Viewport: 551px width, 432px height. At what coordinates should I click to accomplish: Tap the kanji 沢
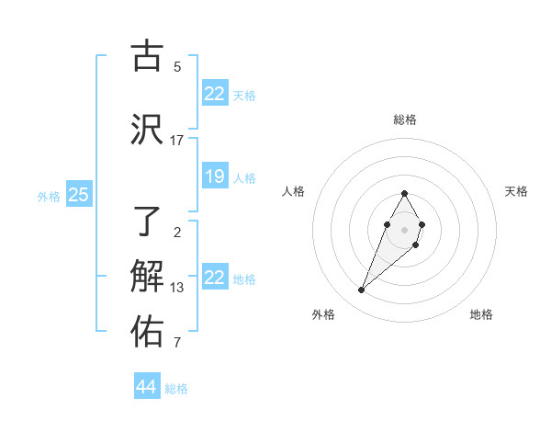click(x=147, y=130)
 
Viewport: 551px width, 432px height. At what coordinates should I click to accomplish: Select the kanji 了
click(x=147, y=222)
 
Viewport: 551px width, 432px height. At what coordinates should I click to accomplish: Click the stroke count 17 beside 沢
click(x=177, y=141)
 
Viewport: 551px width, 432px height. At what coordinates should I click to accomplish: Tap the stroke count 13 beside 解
click(x=177, y=288)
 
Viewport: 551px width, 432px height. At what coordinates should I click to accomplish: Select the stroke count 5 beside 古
click(x=177, y=66)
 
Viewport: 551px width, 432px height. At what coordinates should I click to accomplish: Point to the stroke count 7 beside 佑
click(x=177, y=343)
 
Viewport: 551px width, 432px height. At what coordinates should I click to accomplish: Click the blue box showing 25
click(x=78, y=195)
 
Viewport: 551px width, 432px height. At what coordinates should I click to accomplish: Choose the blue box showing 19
click(x=215, y=176)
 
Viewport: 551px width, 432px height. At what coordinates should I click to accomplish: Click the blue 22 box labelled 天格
click(x=215, y=94)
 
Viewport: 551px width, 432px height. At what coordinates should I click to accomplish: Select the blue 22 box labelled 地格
click(x=215, y=278)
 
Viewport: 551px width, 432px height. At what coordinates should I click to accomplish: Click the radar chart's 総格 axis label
click(x=405, y=119)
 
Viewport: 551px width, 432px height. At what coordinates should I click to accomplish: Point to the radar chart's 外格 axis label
click(x=323, y=314)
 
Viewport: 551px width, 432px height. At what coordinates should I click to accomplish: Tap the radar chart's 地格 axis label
click(x=481, y=314)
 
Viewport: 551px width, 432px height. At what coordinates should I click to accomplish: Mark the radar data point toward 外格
click(x=362, y=290)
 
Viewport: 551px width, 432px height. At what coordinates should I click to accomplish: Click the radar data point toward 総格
click(x=405, y=194)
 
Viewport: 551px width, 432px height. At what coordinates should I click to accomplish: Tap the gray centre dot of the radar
click(x=405, y=229)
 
